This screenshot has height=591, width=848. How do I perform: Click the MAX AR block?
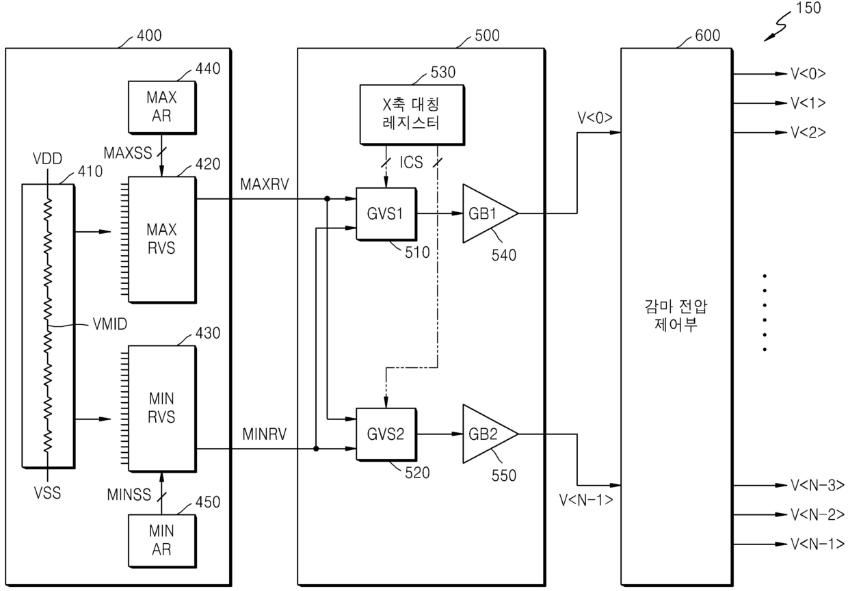(162, 107)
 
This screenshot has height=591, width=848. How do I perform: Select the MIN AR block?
(162, 540)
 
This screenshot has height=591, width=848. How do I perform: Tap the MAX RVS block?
(162, 239)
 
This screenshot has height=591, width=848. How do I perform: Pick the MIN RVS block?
(162, 408)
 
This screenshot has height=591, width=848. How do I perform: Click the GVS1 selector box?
(386, 214)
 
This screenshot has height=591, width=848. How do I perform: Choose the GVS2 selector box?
(386, 434)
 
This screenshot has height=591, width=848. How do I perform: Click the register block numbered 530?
(412, 115)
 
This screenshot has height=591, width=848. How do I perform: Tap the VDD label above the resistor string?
(47, 159)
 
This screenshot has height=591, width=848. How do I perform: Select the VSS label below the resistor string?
(47, 493)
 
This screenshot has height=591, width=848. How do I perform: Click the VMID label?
(110, 324)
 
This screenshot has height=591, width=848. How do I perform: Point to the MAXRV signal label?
(265, 185)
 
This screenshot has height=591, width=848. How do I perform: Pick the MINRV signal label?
(265, 434)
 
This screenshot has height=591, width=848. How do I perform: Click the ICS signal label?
(411, 162)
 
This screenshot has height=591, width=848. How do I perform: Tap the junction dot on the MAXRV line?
(327, 199)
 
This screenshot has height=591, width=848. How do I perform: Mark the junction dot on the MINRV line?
(316, 449)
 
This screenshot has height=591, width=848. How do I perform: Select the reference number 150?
(808, 8)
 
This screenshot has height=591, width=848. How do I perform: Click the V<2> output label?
(808, 133)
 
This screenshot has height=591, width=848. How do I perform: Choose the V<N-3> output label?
(817, 486)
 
